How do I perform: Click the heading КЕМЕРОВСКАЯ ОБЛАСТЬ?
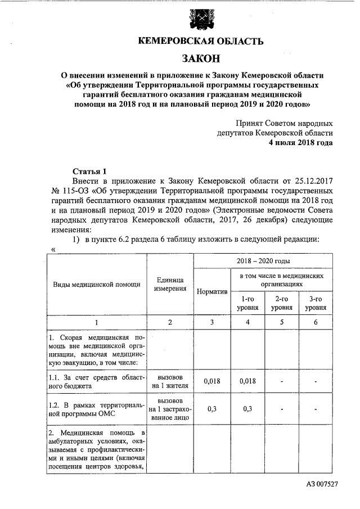(x=200, y=41)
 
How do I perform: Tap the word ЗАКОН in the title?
(x=200, y=58)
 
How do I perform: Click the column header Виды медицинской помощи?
(x=97, y=284)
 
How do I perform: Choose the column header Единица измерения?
(x=170, y=284)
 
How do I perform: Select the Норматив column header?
(x=212, y=291)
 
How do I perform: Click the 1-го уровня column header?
(x=247, y=304)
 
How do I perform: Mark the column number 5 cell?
(x=281, y=322)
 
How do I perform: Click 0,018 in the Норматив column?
(x=212, y=381)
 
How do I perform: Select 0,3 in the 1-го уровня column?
(x=247, y=409)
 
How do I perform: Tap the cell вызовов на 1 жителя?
(x=170, y=381)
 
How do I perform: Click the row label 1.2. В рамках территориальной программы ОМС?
(x=97, y=409)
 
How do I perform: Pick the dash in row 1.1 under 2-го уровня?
(x=281, y=381)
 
